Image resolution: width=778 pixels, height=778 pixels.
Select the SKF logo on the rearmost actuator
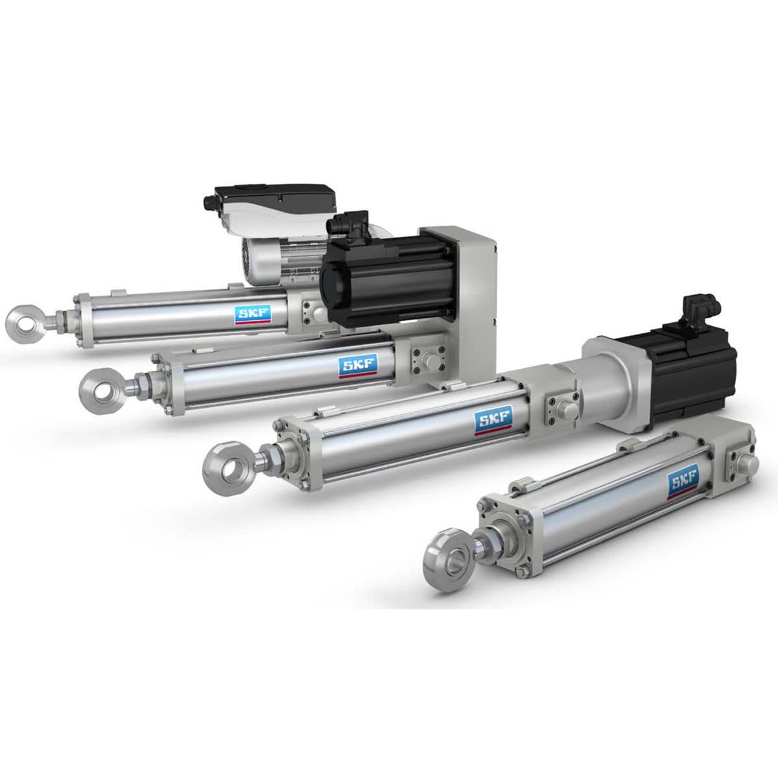point(253,313)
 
